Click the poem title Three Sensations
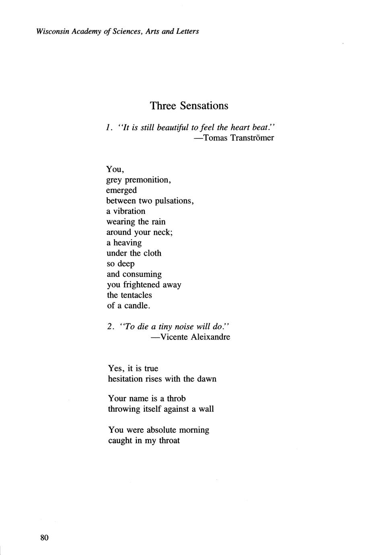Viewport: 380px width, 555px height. (x=189, y=106)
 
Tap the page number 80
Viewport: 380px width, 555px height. (x=44, y=538)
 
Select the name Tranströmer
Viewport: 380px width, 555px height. (x=253, y=138)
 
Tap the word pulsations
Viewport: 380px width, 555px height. (x=174, y=201)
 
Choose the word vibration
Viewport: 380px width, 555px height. (x=129, y=211)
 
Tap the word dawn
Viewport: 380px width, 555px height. (x=207, y=379)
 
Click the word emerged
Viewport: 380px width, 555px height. (x=121, y=190)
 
